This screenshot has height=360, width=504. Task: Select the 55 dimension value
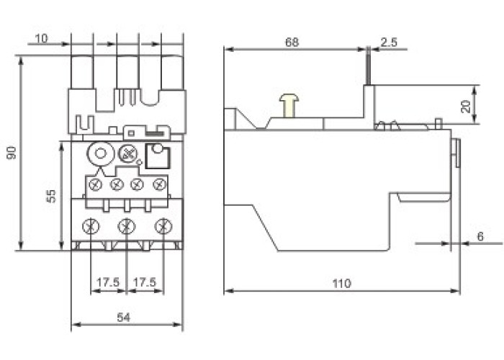tap(51, 195)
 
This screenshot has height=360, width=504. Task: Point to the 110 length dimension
tap(342, 284)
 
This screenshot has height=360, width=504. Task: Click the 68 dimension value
tap(292, 42)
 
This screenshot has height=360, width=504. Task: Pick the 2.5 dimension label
tap(389, 42)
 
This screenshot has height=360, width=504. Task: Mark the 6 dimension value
tap(480, 236)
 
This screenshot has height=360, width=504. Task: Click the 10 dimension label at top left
tap(41, 38)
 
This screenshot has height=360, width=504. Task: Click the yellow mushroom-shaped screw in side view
tap(289, 106)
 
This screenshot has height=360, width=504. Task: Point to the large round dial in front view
tap(99, 153)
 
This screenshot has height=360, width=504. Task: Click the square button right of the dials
tap(157, 156)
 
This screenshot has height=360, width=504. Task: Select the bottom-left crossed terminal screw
tap(90, 227)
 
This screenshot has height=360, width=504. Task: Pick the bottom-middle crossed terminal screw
tap(127, 227)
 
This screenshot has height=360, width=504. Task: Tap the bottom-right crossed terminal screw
tap(163, 227)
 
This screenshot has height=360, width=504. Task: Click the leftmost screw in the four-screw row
tap(94, 185)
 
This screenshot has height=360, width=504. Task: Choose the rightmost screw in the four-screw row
tap(161, 185)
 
